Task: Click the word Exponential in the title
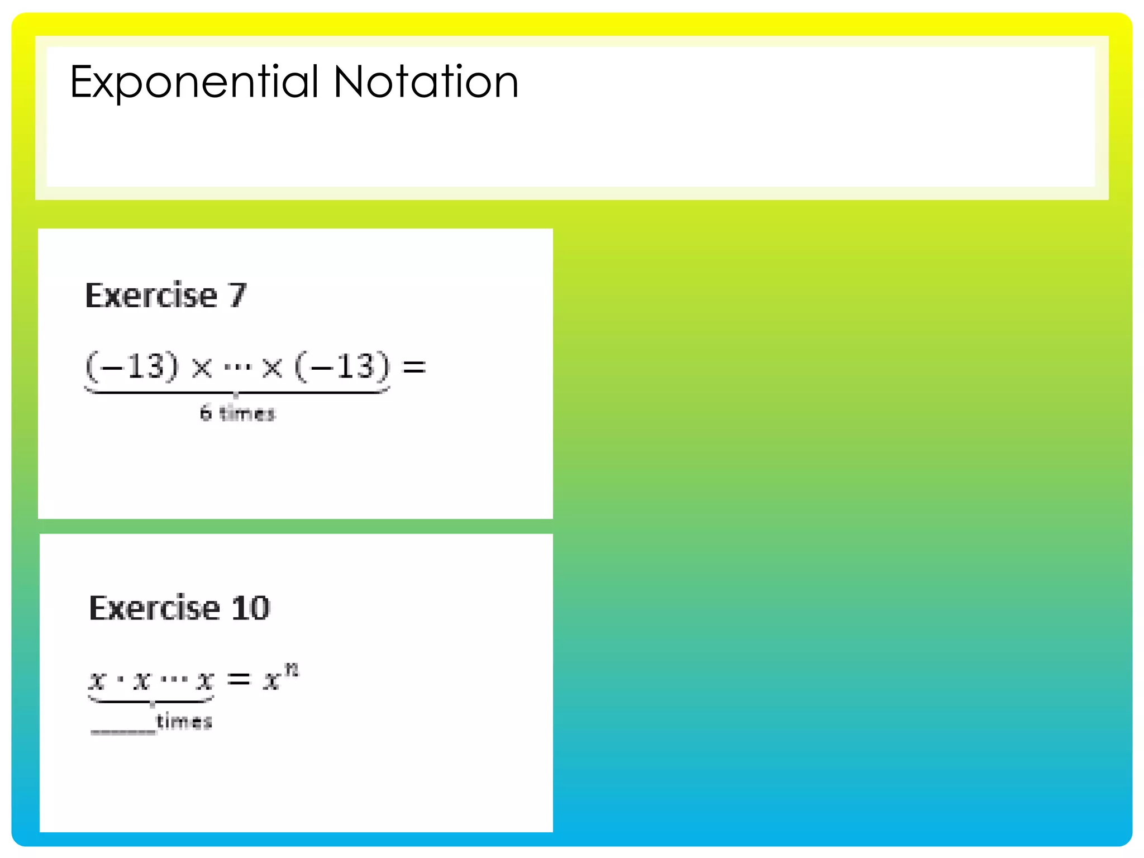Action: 194,83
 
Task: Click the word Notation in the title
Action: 426,83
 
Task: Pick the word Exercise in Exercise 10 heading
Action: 155,608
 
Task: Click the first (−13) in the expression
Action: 132,367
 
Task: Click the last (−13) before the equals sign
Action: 342,367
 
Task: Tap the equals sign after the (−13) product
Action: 414,367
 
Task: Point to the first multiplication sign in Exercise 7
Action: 202,368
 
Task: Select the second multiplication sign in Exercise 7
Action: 272,368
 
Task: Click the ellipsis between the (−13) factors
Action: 237,368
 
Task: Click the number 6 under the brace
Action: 206,413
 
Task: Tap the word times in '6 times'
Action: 247,413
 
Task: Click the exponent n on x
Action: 292,669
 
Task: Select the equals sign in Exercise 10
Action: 239,679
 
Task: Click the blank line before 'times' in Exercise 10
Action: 123,731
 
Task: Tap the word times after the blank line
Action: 184,722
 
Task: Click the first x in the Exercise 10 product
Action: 98,680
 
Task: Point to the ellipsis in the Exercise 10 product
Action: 174,680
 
